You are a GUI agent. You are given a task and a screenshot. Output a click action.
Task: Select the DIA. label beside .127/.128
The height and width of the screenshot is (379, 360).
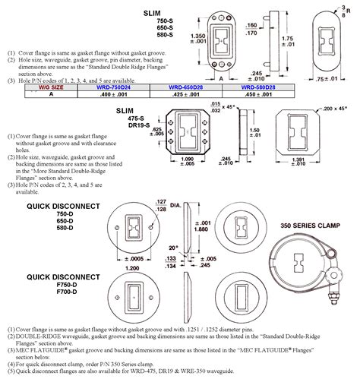[195, 205]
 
